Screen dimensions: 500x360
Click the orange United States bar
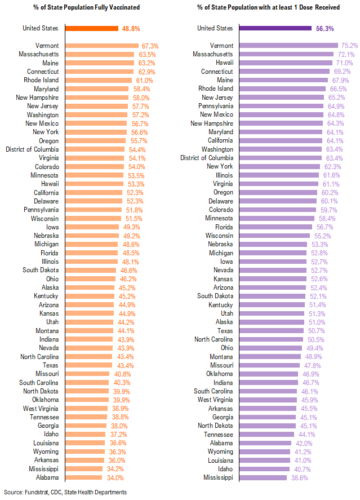[92, 28]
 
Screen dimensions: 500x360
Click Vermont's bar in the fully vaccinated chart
[102, 46]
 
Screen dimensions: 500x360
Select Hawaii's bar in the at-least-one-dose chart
[285, 63]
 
